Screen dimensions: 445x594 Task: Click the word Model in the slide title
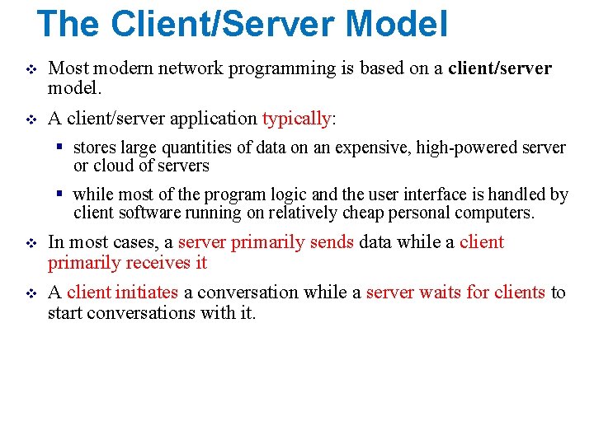click(397, 24)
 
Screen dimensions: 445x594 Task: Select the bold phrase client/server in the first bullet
click(500, 68)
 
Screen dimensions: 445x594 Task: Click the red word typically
click(296, 119)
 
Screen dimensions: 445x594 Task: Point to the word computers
click(495, 213)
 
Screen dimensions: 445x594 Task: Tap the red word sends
click(332, 242)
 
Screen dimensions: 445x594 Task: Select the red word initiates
click(147, 293)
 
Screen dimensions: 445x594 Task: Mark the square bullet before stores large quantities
click(60, 148)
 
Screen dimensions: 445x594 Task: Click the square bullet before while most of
click(60, 195)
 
